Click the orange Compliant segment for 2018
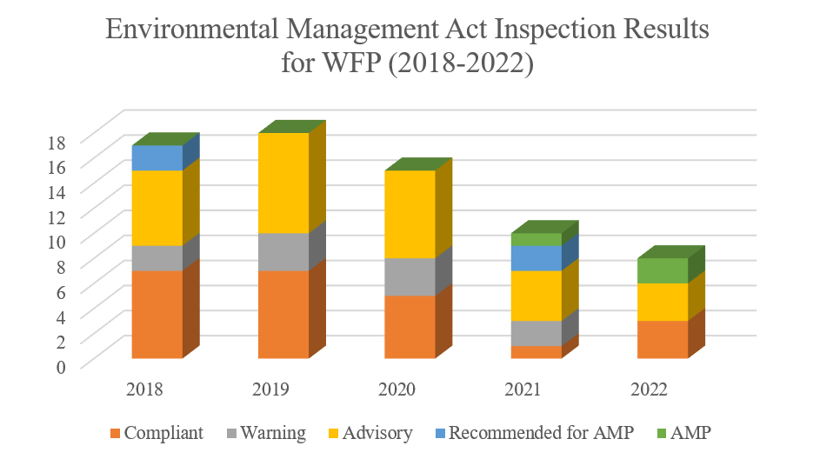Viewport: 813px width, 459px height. pos(157,314)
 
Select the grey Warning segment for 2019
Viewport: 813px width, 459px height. pos(283,251)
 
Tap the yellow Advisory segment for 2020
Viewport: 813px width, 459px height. pos(410,214)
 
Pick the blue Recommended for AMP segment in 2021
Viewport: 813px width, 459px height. pos(536,258)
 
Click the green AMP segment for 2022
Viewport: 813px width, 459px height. pos(662,270)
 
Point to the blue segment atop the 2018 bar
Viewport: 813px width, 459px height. pos(157,157)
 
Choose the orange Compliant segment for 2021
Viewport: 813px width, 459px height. pos(536,351)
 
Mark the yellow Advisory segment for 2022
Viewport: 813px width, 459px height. pos(662,302)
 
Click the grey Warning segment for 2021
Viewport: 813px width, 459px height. pos(536,333)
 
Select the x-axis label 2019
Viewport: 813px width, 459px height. pos(272,389)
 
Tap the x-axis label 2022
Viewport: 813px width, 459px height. pos(650,389)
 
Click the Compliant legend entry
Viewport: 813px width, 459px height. pos(157,433)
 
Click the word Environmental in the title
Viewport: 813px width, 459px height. pos(194,30)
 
